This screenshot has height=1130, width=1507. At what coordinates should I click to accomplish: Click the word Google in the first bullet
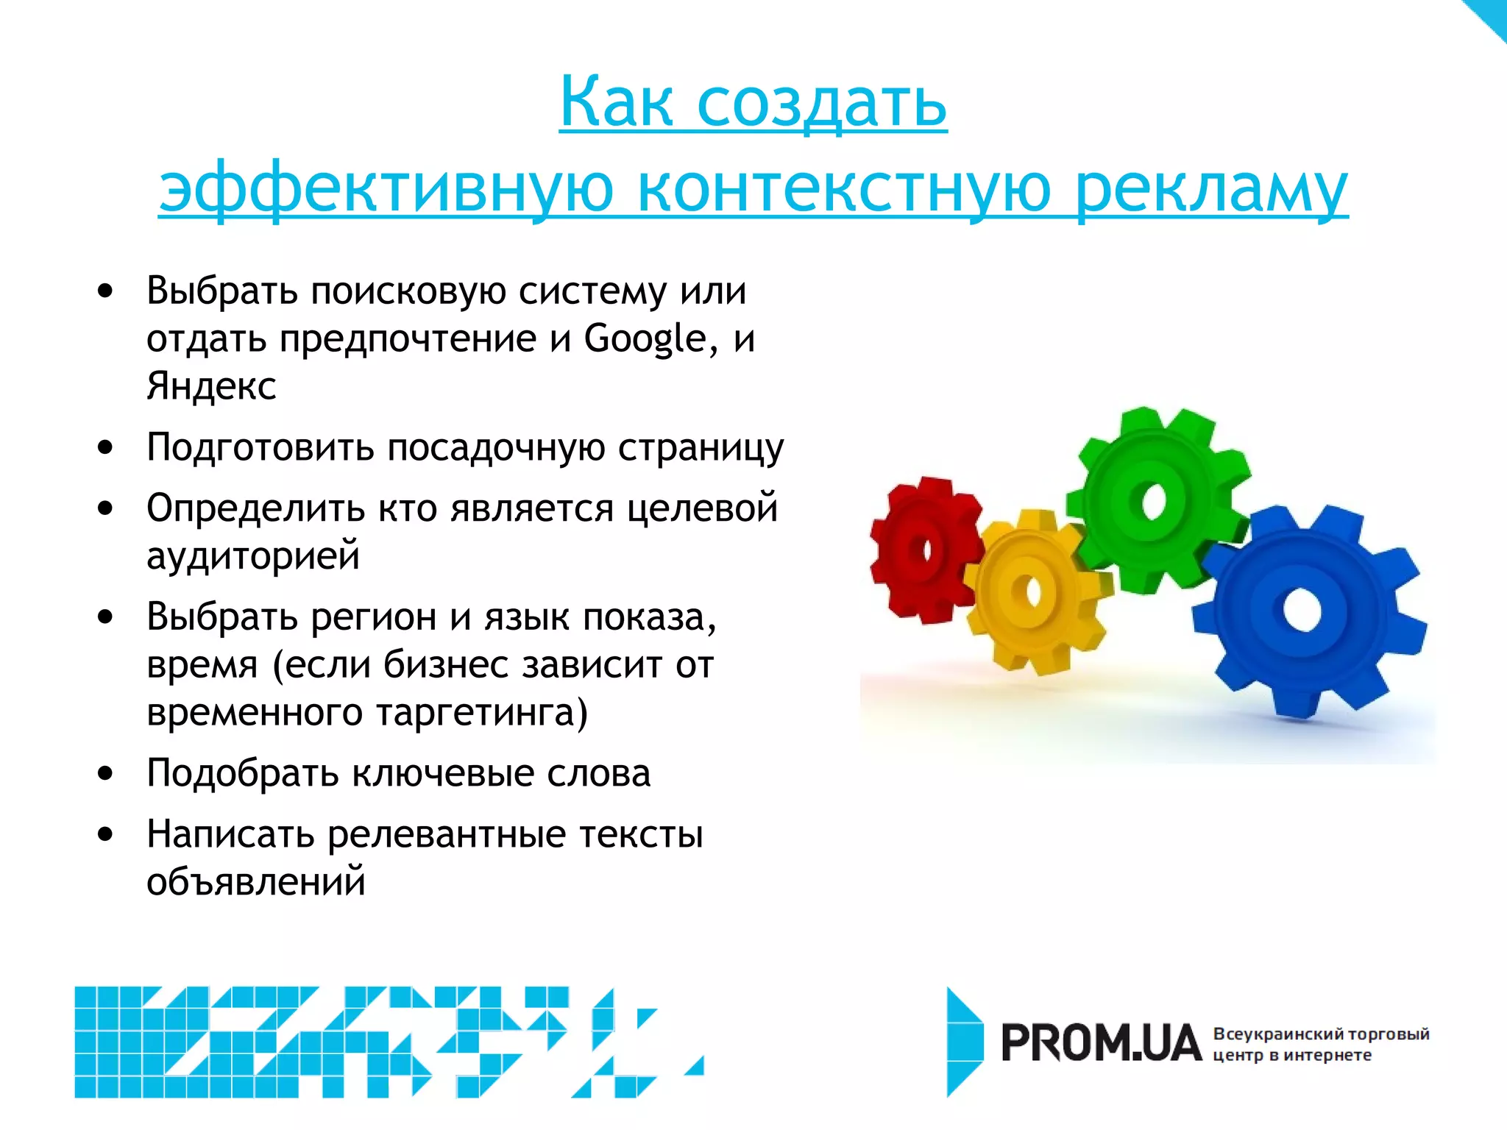645,339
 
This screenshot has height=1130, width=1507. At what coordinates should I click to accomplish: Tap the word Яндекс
211,386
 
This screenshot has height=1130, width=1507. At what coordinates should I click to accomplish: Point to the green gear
1155,500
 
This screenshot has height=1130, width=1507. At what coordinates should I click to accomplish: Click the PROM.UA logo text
1101,1044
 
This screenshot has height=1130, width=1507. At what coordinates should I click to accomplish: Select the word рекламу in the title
1211,188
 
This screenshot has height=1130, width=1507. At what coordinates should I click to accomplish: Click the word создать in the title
821,103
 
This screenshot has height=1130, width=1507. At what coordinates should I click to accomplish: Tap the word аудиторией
253,555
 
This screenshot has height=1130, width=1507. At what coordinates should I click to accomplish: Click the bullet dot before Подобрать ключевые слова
106,774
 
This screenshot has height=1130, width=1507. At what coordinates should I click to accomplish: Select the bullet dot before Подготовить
106,447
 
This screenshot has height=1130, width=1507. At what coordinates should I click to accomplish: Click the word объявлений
255,881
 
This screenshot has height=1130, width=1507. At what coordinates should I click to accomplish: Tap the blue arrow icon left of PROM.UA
964,1042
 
